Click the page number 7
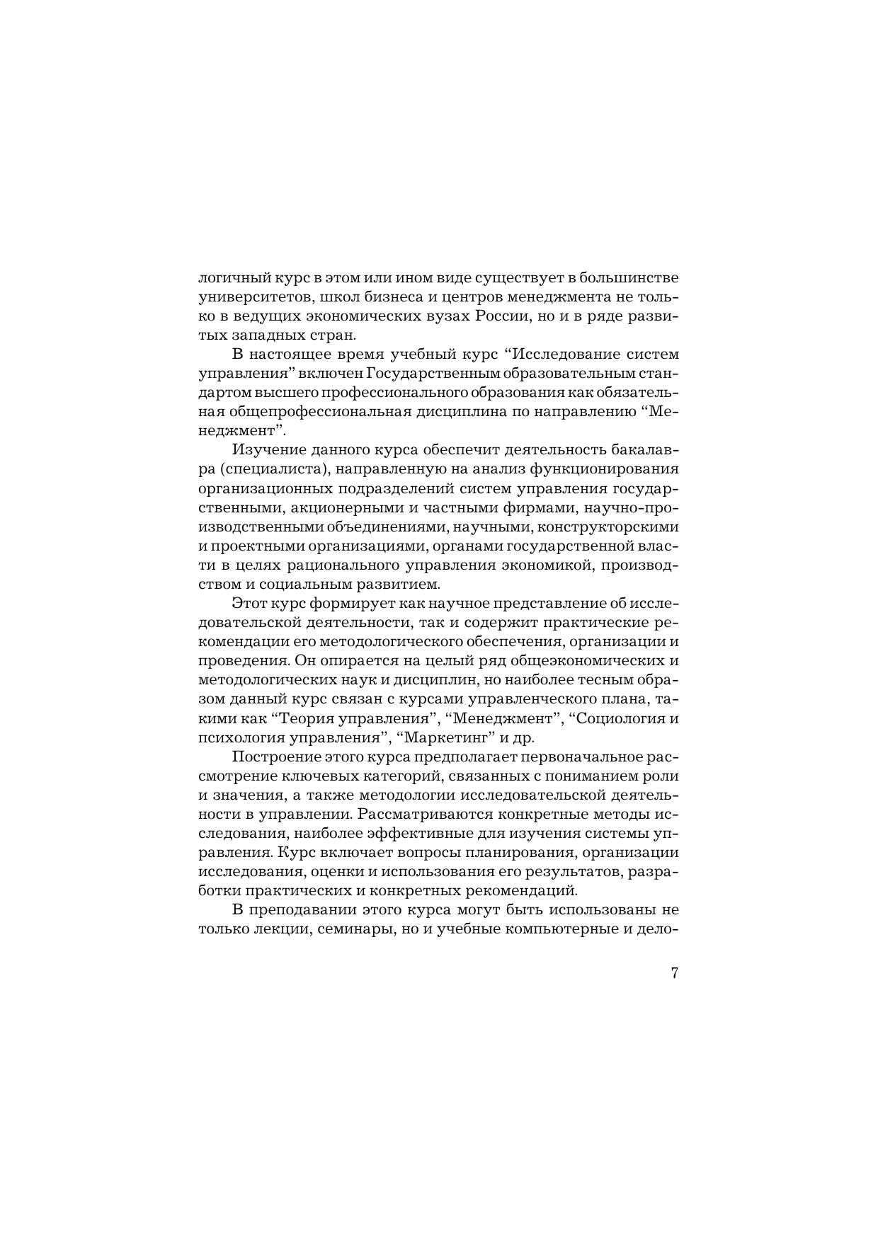coord(674,972)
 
